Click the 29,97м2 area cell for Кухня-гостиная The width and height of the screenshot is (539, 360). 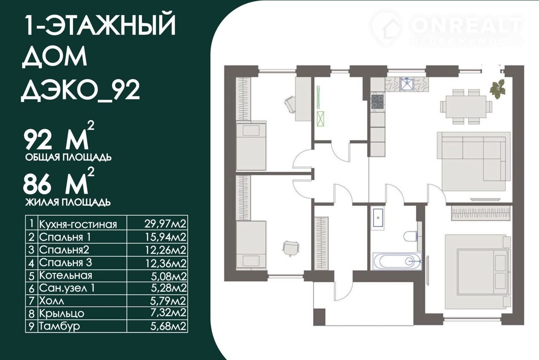click(x=165, y=224)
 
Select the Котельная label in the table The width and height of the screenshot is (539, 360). click(x=65, y=275)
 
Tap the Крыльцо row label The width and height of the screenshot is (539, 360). click(x=61, y=313)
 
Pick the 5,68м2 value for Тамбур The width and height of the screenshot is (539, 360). click(x=168, y=326)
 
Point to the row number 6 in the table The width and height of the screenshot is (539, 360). click(x=32, y=288)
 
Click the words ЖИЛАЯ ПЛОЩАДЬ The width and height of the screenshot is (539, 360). click(x=68, y=203)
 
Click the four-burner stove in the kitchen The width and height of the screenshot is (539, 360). click(x=378, y=101)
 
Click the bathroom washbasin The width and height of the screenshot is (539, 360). click(x=378, y=218)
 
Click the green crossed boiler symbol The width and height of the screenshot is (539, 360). click(x=320, y=119)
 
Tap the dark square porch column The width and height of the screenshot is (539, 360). click(x=319, y=317)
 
